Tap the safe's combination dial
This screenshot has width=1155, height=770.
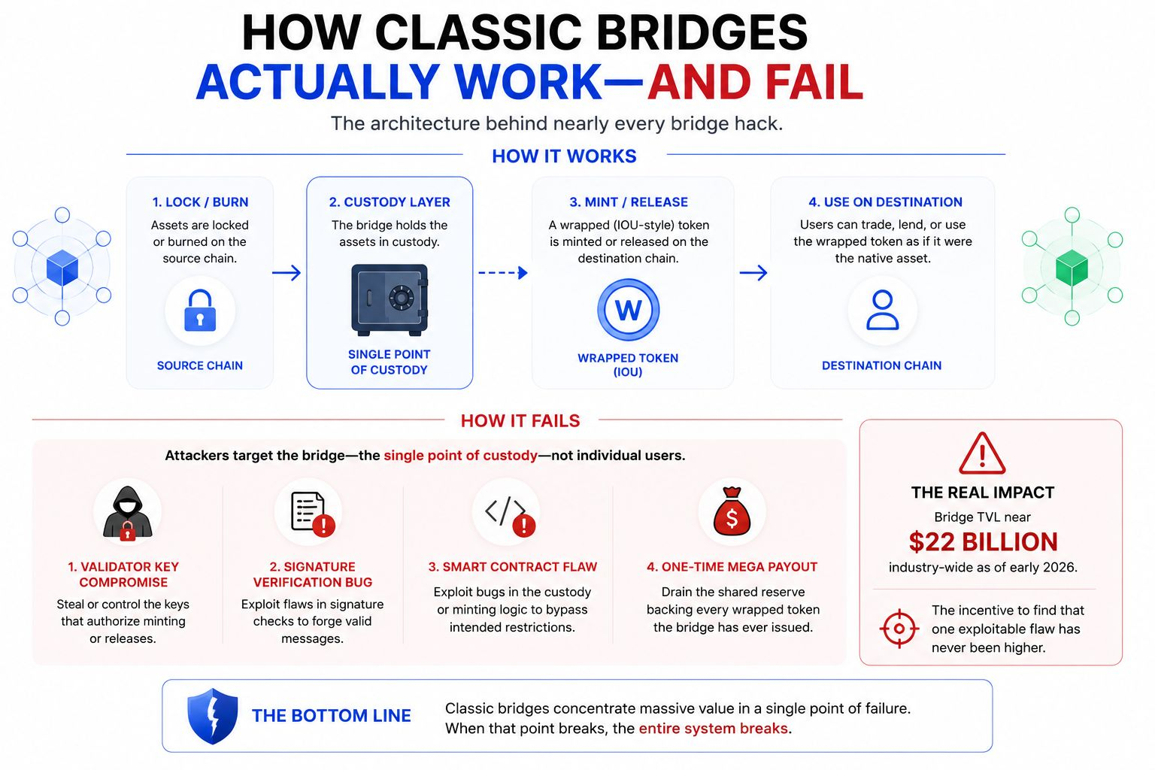coord(401,298)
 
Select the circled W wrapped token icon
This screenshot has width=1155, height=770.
coord(628,310)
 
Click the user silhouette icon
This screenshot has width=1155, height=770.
coord(882,310)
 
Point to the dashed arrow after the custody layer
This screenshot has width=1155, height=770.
coord(503,272)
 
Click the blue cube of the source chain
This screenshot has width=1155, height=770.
coord(62,268)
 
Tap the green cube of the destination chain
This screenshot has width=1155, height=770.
coord(1072,268)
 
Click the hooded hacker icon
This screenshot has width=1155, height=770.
coord(127,513)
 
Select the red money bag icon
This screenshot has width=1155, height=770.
coord(732,511)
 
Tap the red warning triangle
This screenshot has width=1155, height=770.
coord(982,453)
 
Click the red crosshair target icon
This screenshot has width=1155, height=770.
coord(899,629)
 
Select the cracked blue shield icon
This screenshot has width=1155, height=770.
coord(213,716)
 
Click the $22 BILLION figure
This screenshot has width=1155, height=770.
coord(983,542)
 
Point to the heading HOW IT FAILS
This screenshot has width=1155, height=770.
coord(520,421)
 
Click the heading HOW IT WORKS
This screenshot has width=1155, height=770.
coord(564,156)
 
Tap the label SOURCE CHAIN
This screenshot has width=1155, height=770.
coord(199,365)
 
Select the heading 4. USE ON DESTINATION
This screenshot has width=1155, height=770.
coord(885,202)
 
